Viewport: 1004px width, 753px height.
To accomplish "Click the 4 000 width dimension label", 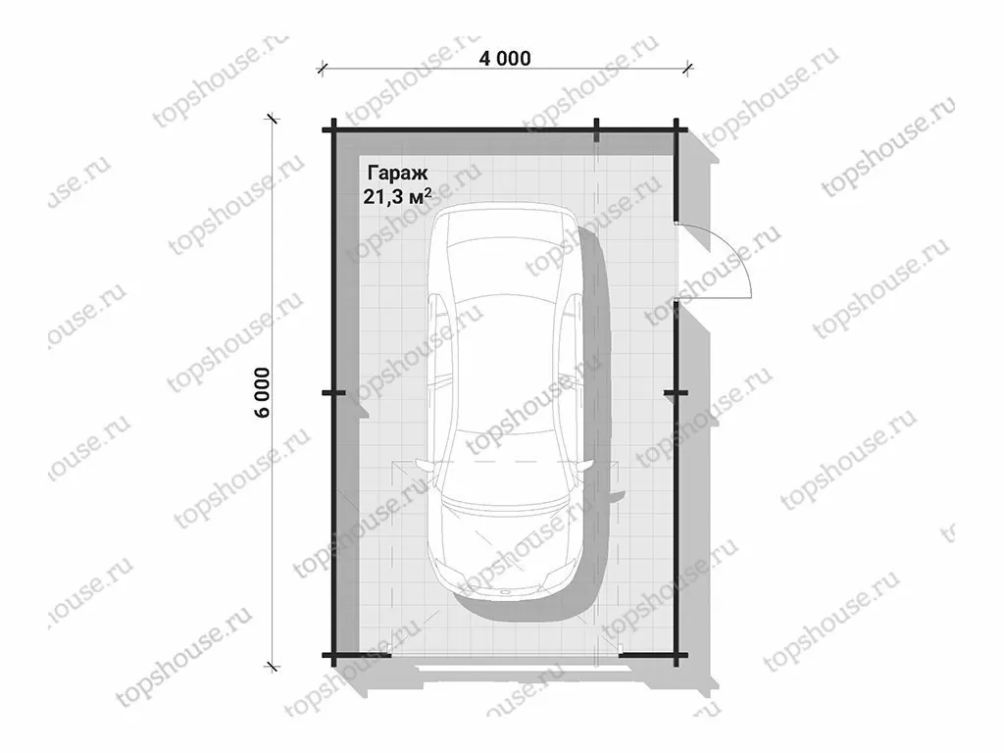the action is (505, 58).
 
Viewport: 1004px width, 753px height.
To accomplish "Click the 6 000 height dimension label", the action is (263, 392).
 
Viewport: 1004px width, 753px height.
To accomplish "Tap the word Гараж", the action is (397, 173).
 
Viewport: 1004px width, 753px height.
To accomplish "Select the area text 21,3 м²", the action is (397, 196).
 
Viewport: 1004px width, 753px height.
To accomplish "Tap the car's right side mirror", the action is (583, 466).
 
